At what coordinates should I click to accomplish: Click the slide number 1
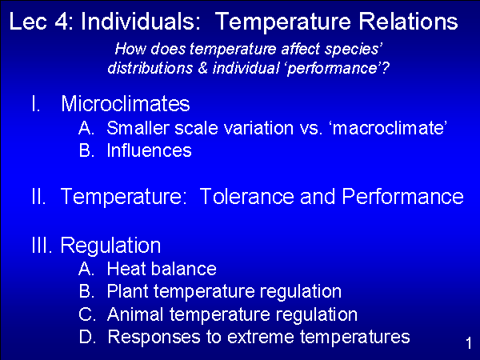pyautogui.click(x=469, y=343)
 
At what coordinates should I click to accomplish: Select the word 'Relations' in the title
pyautogui.click(x=408, y=22)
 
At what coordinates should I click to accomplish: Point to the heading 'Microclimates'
pyautogui.click(x=126, y=103)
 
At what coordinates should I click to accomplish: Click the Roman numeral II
pyautogui.click(x=39, y=196)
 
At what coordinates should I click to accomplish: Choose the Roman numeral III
pyautogui.click(x=42, y=245)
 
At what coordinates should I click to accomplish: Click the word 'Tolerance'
pyautogui.click(x=246, y=196)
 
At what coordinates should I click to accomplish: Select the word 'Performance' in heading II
pyautogui.click(x=403, y=196)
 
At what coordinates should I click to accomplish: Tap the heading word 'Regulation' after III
pyautogui.click(x=111, y=246)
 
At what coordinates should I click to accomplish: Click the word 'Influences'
pyautogui.click(x=150, y=150)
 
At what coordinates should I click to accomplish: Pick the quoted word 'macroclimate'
pyautogui.click(x=389, y=128)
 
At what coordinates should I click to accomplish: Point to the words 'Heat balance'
pyautogui.click(x=162, y=269)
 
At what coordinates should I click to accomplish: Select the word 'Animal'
pyautogui.click(x=135, y=314)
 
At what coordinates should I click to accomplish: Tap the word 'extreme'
pyautogui.click(x=261, y=337)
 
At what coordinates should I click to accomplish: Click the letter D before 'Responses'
pyautogui.click(x=86, y=337)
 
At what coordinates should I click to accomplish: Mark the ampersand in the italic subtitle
pyautogui.click(x=203, y=68)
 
